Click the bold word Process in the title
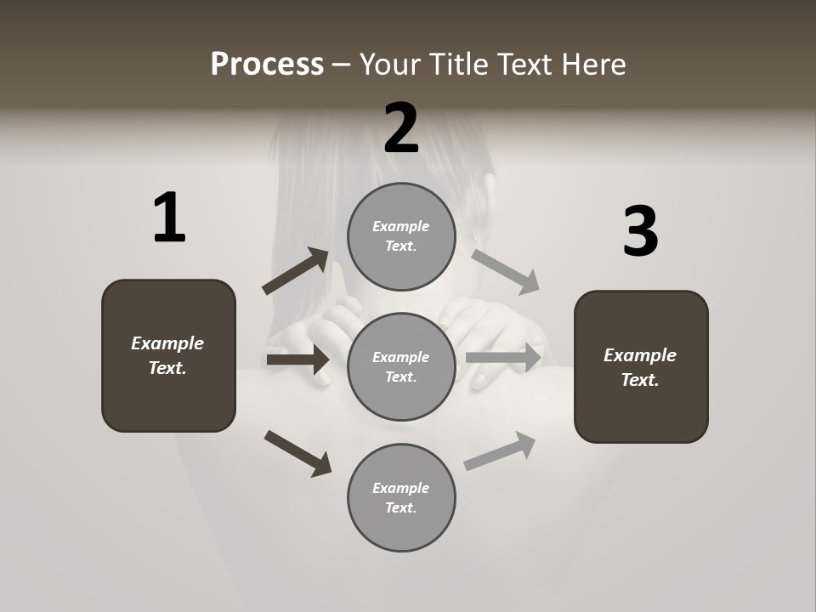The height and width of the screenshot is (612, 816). click(x=267, y=65)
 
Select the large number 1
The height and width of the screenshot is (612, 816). click(x=169, y=218)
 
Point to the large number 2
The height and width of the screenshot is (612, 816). click(x=401, y=129)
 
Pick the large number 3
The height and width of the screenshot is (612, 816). click(x=640, y=232)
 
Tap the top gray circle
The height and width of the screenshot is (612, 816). click(x=401, y=236)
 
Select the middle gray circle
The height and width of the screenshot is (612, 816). click(x=401, y=367)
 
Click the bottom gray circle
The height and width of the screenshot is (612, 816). click(x=401, y=498)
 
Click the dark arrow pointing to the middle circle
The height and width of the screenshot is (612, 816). click(x=298, y=360)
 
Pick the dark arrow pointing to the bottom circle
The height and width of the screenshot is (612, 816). click(x=297, y=452)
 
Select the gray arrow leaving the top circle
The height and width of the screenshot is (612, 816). click(x=505, y=271)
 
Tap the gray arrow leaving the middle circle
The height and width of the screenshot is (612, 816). click(x=505, y=357)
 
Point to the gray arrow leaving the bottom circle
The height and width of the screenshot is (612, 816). click(x=500, y=450)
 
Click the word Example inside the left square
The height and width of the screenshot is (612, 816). click(x=167, y=343)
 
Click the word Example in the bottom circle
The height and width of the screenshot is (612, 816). click(x=401, y=488)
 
